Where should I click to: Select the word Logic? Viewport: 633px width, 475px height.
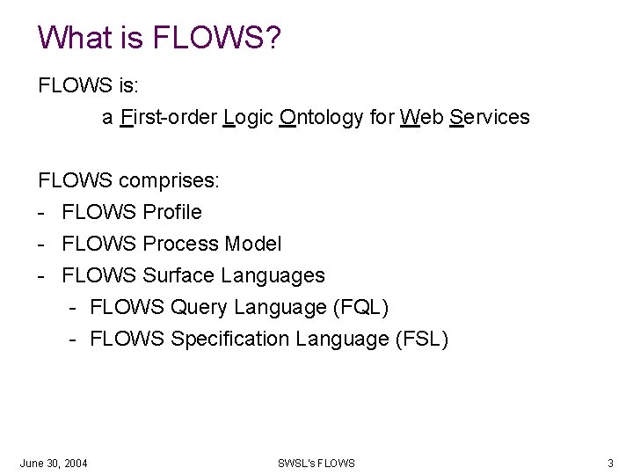[248, 117]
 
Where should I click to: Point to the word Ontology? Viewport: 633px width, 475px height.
[321, 117]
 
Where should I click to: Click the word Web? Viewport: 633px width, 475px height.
[421, 117]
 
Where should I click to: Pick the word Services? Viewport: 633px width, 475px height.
[489, 117]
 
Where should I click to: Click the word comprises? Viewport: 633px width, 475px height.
[170, 181]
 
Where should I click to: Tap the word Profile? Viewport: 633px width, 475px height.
[172, 212]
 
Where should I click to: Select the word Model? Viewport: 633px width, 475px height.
[253, 244]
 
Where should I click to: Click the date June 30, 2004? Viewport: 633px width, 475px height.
[54, 463]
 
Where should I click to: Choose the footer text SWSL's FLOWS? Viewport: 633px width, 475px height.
[316, 463]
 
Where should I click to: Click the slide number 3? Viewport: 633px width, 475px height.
[610, 463]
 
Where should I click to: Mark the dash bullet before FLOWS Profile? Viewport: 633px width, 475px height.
[41, 213]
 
